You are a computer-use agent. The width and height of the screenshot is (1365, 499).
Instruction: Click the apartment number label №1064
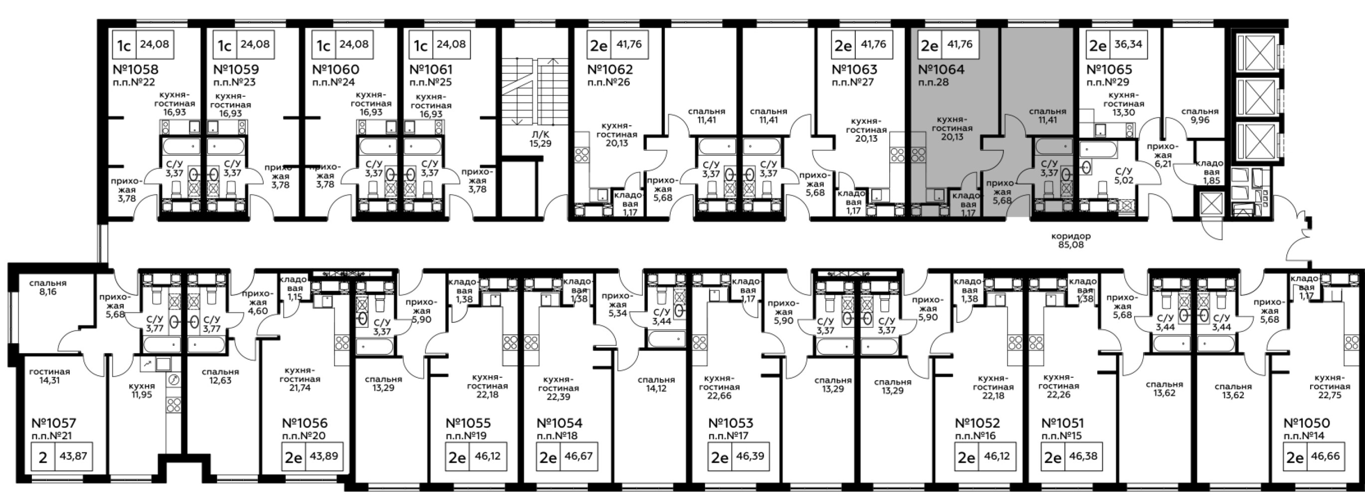pos(941,69)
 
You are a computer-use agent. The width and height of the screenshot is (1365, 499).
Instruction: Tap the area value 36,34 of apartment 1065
pos(1129,44)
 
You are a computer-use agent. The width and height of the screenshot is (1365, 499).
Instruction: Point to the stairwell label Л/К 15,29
pos(540,139)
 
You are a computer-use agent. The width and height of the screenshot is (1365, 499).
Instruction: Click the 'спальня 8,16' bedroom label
pos(48,287)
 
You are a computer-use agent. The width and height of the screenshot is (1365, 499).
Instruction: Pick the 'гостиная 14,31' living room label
pos(49,376)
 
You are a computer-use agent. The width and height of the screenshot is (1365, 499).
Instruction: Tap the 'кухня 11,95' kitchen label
pos(142,390)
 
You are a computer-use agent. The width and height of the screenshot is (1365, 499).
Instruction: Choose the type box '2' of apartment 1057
pos(43,456)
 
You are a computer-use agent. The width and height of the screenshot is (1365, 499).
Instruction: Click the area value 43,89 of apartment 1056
pos(324,456)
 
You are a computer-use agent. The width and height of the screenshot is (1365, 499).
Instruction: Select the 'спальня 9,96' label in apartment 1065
pos(1200,116)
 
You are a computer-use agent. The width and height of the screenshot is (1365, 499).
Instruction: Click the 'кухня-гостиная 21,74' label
pos(300,379)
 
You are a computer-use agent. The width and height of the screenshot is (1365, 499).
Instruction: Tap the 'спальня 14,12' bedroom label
pos(656,384)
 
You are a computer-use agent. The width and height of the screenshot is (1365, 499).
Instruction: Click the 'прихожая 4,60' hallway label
pos(257,302)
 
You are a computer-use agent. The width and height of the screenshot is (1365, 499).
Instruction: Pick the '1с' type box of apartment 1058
pos(124,44)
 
